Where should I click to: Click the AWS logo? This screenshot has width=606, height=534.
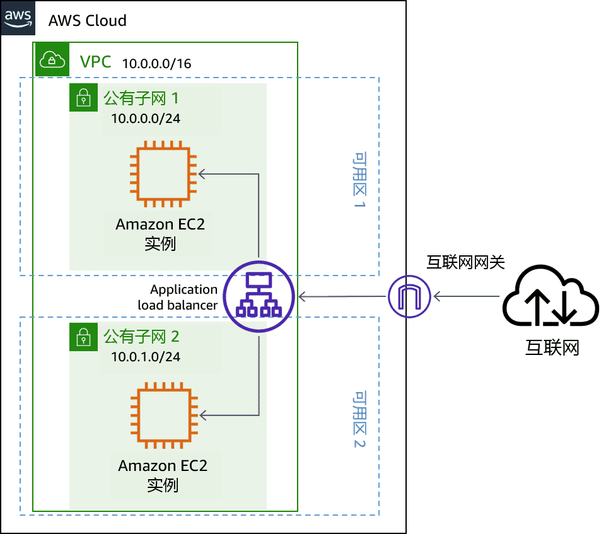18,18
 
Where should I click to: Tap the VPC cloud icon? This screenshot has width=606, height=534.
52,60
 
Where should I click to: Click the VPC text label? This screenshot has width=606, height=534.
95,62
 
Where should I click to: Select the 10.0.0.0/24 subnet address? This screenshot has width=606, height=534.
146,119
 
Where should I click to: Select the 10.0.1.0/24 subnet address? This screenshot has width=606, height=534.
146,357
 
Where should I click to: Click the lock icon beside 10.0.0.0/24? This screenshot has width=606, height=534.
83,99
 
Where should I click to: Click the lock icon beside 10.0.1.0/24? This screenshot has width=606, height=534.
83,337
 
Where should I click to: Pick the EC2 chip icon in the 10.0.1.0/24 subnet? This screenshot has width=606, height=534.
163,414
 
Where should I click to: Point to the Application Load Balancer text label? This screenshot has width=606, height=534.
180,297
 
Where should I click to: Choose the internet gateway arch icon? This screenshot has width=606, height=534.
409,296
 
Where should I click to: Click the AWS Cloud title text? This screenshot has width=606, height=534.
87,20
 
